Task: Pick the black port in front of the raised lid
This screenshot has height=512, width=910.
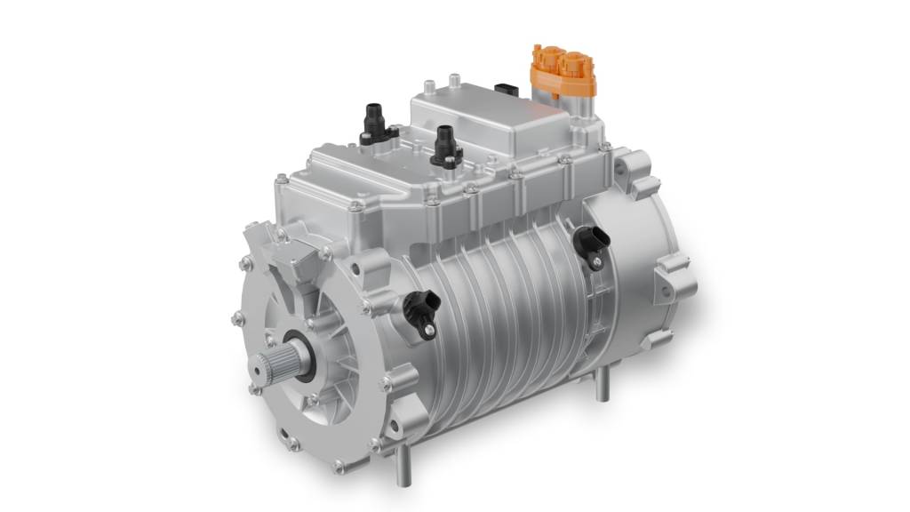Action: pos(445,145)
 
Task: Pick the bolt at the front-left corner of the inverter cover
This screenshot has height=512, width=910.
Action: pos(355,205)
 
